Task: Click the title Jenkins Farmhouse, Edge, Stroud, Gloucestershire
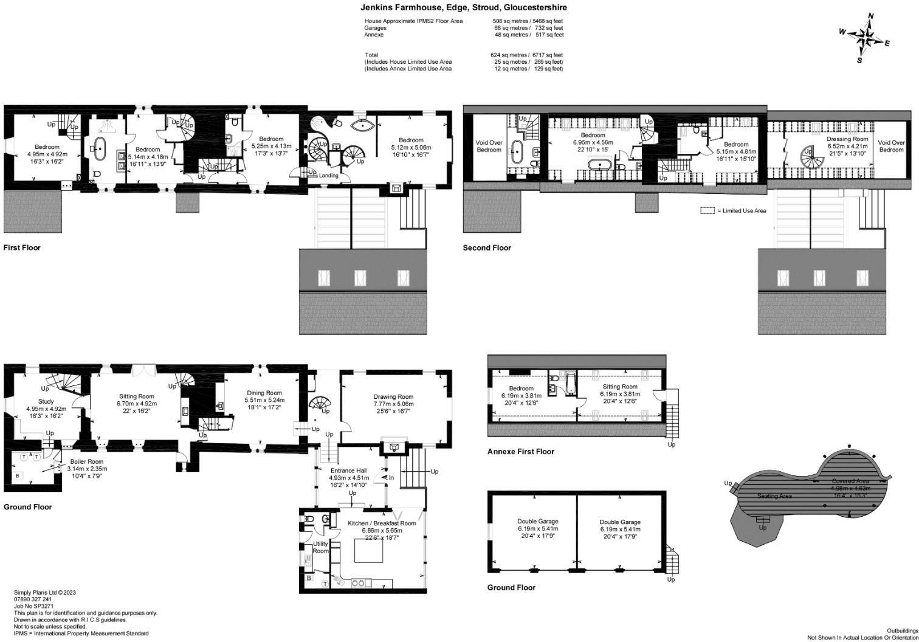464,8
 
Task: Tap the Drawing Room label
393,397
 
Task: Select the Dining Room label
264,393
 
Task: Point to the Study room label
46,401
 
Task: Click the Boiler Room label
87,461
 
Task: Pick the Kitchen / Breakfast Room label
382,523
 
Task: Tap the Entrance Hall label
348,471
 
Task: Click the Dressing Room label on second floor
847,139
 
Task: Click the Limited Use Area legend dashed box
707,211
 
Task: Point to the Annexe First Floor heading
520,452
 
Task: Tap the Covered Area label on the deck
850,481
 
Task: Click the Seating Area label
774,496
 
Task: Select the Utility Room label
320,547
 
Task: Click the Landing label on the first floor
329,176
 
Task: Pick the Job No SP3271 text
34,606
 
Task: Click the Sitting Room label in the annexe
619,387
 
